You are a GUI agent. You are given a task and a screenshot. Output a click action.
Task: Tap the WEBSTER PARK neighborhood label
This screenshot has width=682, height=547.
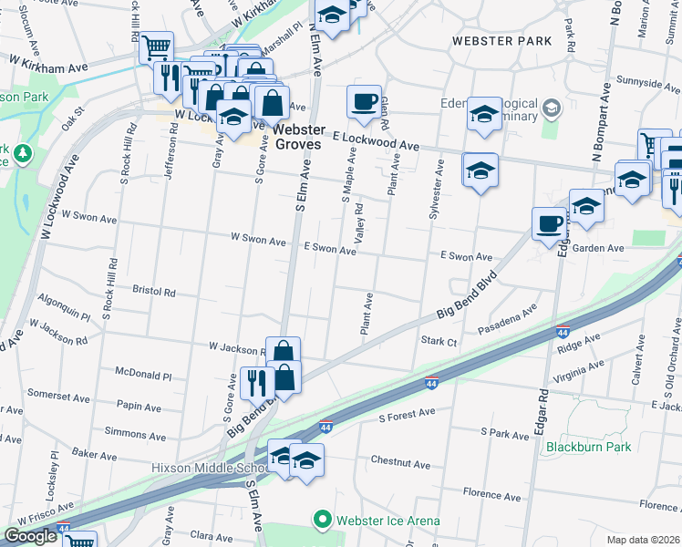[502, 41]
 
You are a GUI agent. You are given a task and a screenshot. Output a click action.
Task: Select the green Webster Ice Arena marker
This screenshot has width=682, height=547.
[322, 521]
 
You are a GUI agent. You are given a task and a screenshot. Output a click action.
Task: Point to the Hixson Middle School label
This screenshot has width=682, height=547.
[210, 468]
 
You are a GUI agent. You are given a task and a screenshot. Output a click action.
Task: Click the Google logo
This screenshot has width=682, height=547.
[30, 536]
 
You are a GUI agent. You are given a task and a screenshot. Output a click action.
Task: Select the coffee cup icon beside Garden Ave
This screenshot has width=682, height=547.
[550, 223]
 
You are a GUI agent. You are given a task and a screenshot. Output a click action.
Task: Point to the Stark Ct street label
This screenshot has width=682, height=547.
[439, 342]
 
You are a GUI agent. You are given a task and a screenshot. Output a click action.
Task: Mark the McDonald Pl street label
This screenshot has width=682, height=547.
[143, 375]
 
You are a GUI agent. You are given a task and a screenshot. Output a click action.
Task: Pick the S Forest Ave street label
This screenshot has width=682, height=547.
[407, 415]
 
